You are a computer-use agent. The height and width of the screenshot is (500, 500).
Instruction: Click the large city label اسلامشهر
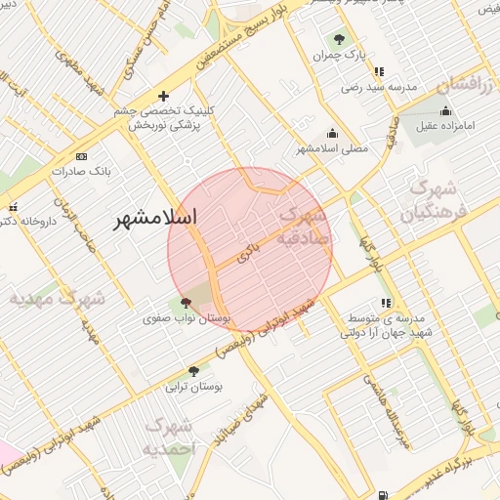point(155,217)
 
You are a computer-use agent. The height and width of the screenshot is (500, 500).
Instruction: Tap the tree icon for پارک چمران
point(338,39)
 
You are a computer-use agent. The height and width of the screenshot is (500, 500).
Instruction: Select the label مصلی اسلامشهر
point(332,148)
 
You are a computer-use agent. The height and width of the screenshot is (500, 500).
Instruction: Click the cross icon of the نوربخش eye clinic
point(163,96)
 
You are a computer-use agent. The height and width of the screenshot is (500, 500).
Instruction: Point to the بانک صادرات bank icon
point(80,156)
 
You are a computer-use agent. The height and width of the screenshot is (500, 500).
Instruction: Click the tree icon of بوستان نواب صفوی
point(186,303)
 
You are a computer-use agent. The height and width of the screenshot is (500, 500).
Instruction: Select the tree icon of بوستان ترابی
point(192,371)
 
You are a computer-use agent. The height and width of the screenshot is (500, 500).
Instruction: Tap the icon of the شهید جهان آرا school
point(386,303)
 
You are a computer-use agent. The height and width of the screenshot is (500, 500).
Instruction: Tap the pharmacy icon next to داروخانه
point(13,208)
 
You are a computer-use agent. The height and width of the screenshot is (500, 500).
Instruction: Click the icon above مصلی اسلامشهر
point(332,134)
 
